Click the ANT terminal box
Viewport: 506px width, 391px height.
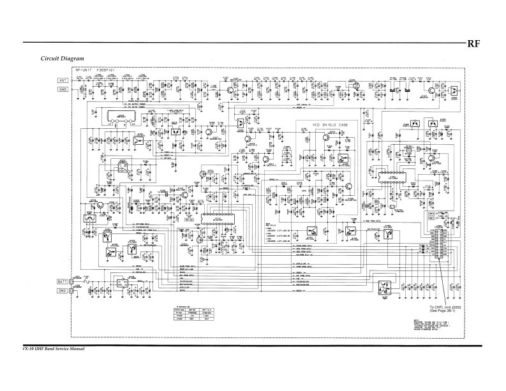(x=63, y=80)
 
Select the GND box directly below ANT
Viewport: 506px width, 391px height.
(x=63, y=90)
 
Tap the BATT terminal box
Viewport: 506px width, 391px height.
(x=63, y=281)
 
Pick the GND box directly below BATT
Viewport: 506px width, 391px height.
(x=63, y=291)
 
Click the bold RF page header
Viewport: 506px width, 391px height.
(x=473, y=45)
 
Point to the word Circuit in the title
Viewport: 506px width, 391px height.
(x=50, y=58)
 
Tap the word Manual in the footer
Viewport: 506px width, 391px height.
(x=75, y=350)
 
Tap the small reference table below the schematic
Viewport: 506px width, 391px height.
(x=197, y=315)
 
